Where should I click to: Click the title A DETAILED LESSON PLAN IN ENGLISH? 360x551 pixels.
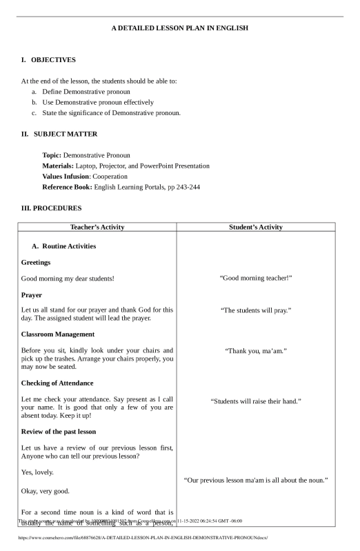(x=179, y=28)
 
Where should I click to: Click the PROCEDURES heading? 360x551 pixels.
(x=52, y=208)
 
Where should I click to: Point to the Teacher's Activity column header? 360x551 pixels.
(x=97, y=227)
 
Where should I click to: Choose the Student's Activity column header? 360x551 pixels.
(x=256, y=227)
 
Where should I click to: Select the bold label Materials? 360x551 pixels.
(x=58, y=166)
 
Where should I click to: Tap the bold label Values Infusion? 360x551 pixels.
(x=66, y=177)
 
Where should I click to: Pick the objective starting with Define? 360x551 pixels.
(x=86, y=91)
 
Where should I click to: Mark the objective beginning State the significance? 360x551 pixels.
(x=111, y=113)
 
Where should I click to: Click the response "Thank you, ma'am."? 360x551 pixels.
(x=256, y=351)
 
